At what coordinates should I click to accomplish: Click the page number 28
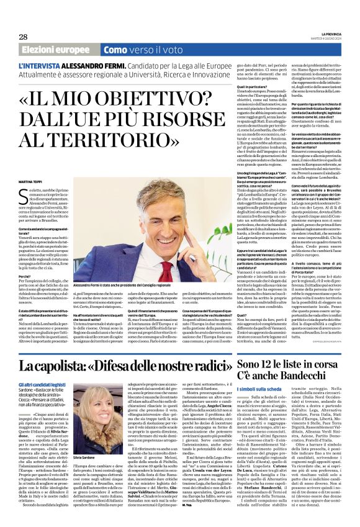click(x=23, y=37)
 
